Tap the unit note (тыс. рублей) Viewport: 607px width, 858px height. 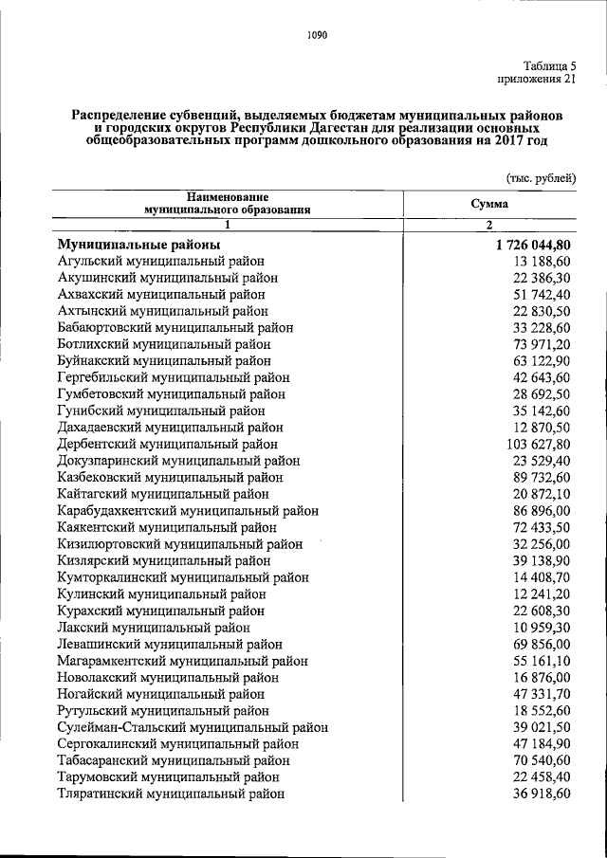click(540, 177)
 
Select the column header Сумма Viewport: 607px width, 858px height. click(489, 204)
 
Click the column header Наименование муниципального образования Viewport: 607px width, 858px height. click(227, 204)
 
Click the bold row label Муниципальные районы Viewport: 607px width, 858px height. click(138, 244)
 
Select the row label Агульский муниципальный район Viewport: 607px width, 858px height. click(161, 261)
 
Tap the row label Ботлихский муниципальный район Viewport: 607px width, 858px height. click(164, 344)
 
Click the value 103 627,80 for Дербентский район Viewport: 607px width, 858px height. click(537, 444)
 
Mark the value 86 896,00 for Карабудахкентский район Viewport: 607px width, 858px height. click(541, 510)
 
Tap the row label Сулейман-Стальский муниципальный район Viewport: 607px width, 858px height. click(193, 726)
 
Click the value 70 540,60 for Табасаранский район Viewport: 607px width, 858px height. click(541, 759)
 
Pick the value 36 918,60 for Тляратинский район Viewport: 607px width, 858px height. click(541, 794)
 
